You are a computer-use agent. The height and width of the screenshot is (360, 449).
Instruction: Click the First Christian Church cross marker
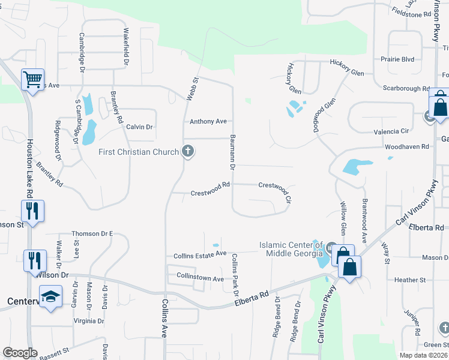click(x=188, y=151)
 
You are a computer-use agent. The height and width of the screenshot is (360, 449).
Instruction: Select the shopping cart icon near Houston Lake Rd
click(x=32, y=78)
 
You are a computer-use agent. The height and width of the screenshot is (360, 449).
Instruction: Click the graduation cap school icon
click(x=50, y=296)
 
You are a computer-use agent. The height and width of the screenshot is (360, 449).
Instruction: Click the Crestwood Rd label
click(x=211, y=193)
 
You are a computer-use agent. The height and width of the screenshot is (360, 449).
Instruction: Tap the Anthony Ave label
click(x=208, y=122)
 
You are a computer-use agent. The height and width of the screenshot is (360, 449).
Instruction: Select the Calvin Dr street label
click(x=139, y=127)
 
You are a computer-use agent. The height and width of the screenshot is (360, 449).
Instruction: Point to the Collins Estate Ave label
click(x=200, y=254)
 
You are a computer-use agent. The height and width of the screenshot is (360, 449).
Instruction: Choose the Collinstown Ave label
click(x=200, y=279)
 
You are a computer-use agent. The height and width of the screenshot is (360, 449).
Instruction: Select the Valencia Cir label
click(x=391, y=131)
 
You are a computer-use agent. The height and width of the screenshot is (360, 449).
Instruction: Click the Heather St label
click(x=409, y=280)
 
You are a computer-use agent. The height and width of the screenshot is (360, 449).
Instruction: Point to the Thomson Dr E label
click(x=92, y=233)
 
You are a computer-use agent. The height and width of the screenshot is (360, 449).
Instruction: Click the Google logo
click(x=20, y=353)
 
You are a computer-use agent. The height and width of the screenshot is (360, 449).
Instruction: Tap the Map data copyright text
click(x=424, y=355)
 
